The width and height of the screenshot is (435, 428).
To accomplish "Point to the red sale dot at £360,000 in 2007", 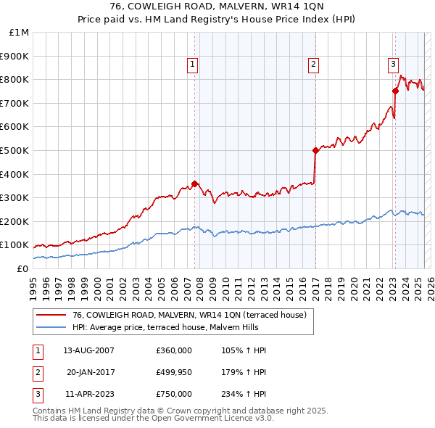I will pyautogui.click(x=194, y=184).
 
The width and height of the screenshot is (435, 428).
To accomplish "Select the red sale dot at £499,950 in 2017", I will pyautogui.click(x=315, y=151).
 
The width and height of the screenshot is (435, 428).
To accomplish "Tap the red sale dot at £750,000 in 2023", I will pyautogui.click(x=395, y=91).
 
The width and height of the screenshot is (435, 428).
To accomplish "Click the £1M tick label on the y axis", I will pyautogui.click(x=20, y=33).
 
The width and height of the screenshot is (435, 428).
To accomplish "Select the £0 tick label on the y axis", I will pyautogui.click(x=22, y=268).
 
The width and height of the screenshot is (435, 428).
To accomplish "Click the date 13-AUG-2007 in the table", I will pyautogui.click(x=88, y=350).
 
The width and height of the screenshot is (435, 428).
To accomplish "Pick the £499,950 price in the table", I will pyautogui.click(x=174, y=372).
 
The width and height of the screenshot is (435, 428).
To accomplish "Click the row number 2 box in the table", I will pyautogui.click(x=37, y=372).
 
